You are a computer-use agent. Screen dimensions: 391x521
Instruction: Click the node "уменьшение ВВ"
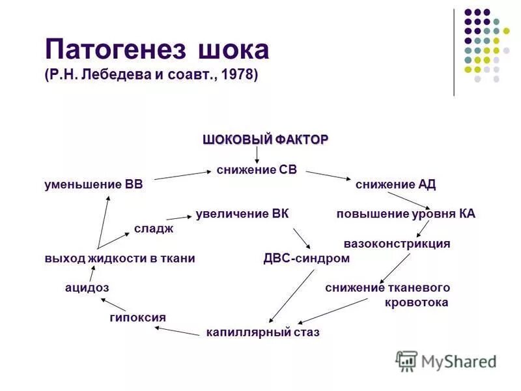tap(93, 184)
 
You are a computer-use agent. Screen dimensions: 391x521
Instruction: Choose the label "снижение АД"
tap(395, 184)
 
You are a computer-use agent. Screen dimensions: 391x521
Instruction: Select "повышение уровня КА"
tap(406, 214)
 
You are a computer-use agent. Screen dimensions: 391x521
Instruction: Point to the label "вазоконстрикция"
tap(397, 244)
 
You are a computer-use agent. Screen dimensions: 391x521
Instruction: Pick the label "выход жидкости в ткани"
tap(120, 258)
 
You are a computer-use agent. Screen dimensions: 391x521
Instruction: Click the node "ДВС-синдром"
tap(306, 258)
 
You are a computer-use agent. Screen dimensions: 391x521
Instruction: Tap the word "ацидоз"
tap(87, 287)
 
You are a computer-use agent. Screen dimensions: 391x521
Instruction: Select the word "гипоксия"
tap(137, 317)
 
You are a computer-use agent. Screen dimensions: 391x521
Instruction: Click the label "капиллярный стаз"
tap(262, 332)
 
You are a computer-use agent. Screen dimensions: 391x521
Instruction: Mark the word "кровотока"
tap(417, 302)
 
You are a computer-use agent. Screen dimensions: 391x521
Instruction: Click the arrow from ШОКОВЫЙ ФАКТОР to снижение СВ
tap(257, 154)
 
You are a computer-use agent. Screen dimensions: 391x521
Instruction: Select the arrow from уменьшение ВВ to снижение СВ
tap(179, 175)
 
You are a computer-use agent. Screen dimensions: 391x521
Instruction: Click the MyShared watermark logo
tap(447, 360)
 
